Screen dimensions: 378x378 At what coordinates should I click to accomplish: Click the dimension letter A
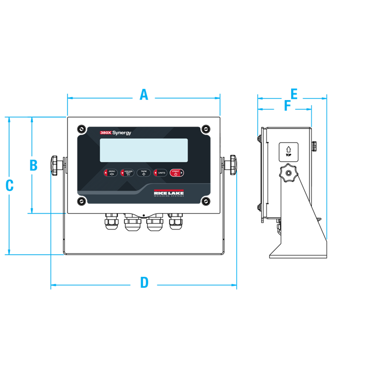click(x=144, y=95)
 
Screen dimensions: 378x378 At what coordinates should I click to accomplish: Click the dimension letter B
click(x=34, y=165)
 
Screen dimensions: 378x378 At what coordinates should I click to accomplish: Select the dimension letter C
click(x=9, y=186)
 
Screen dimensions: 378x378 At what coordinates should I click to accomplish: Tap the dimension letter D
click(x=144, y=283)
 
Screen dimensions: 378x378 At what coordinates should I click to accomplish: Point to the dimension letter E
click(x=294, y=94)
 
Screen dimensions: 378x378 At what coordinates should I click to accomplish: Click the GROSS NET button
click(x=127, y=173)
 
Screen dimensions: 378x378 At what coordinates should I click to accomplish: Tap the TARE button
click(x=143, y=173)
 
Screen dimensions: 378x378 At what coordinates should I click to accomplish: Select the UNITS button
click(x=160, y=173)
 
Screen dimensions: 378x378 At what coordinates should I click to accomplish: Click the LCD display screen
click(x=144, y=150)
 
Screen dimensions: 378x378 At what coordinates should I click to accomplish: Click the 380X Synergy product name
click(x=115, y=133)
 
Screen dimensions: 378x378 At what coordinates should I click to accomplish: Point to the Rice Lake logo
click(x=169, y=193)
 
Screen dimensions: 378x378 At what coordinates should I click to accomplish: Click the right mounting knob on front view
click(x=231, y=164)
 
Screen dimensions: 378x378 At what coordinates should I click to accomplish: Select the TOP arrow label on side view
click(x=289, y=151)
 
